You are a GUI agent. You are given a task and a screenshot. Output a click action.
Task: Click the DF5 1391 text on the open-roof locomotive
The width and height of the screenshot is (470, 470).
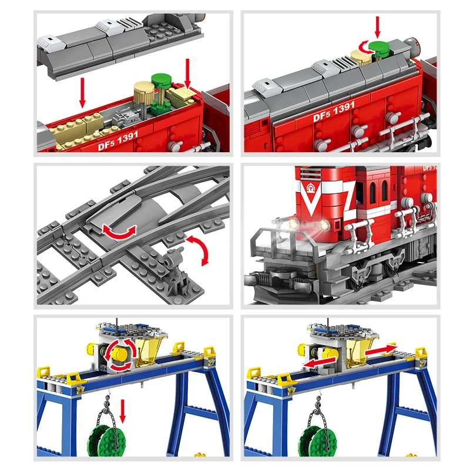111,141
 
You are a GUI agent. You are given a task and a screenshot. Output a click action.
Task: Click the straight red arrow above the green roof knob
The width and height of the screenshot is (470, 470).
378,26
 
